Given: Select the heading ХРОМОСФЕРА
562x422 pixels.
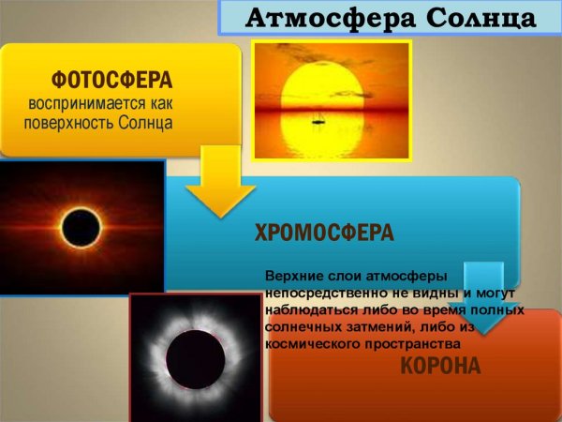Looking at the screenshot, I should pyautogui.click(x=324, y=233).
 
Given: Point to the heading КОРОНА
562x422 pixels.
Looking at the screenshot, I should pyautogui.click(x=440, y=366).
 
